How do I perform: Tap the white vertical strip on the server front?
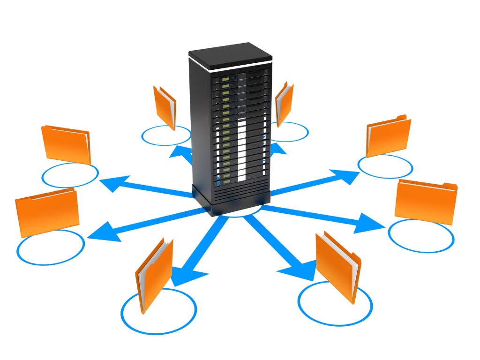tap(241, 150)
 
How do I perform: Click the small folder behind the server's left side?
tap(165, 106)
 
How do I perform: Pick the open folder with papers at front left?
tap(154, 274)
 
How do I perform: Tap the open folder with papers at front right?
tap(337, 265)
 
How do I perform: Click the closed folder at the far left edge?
tap(47, 211)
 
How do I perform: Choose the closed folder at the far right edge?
tap(426, 202)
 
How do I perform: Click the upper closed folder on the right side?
tap(388, 136)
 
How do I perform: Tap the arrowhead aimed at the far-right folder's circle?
tap(370, 223)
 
